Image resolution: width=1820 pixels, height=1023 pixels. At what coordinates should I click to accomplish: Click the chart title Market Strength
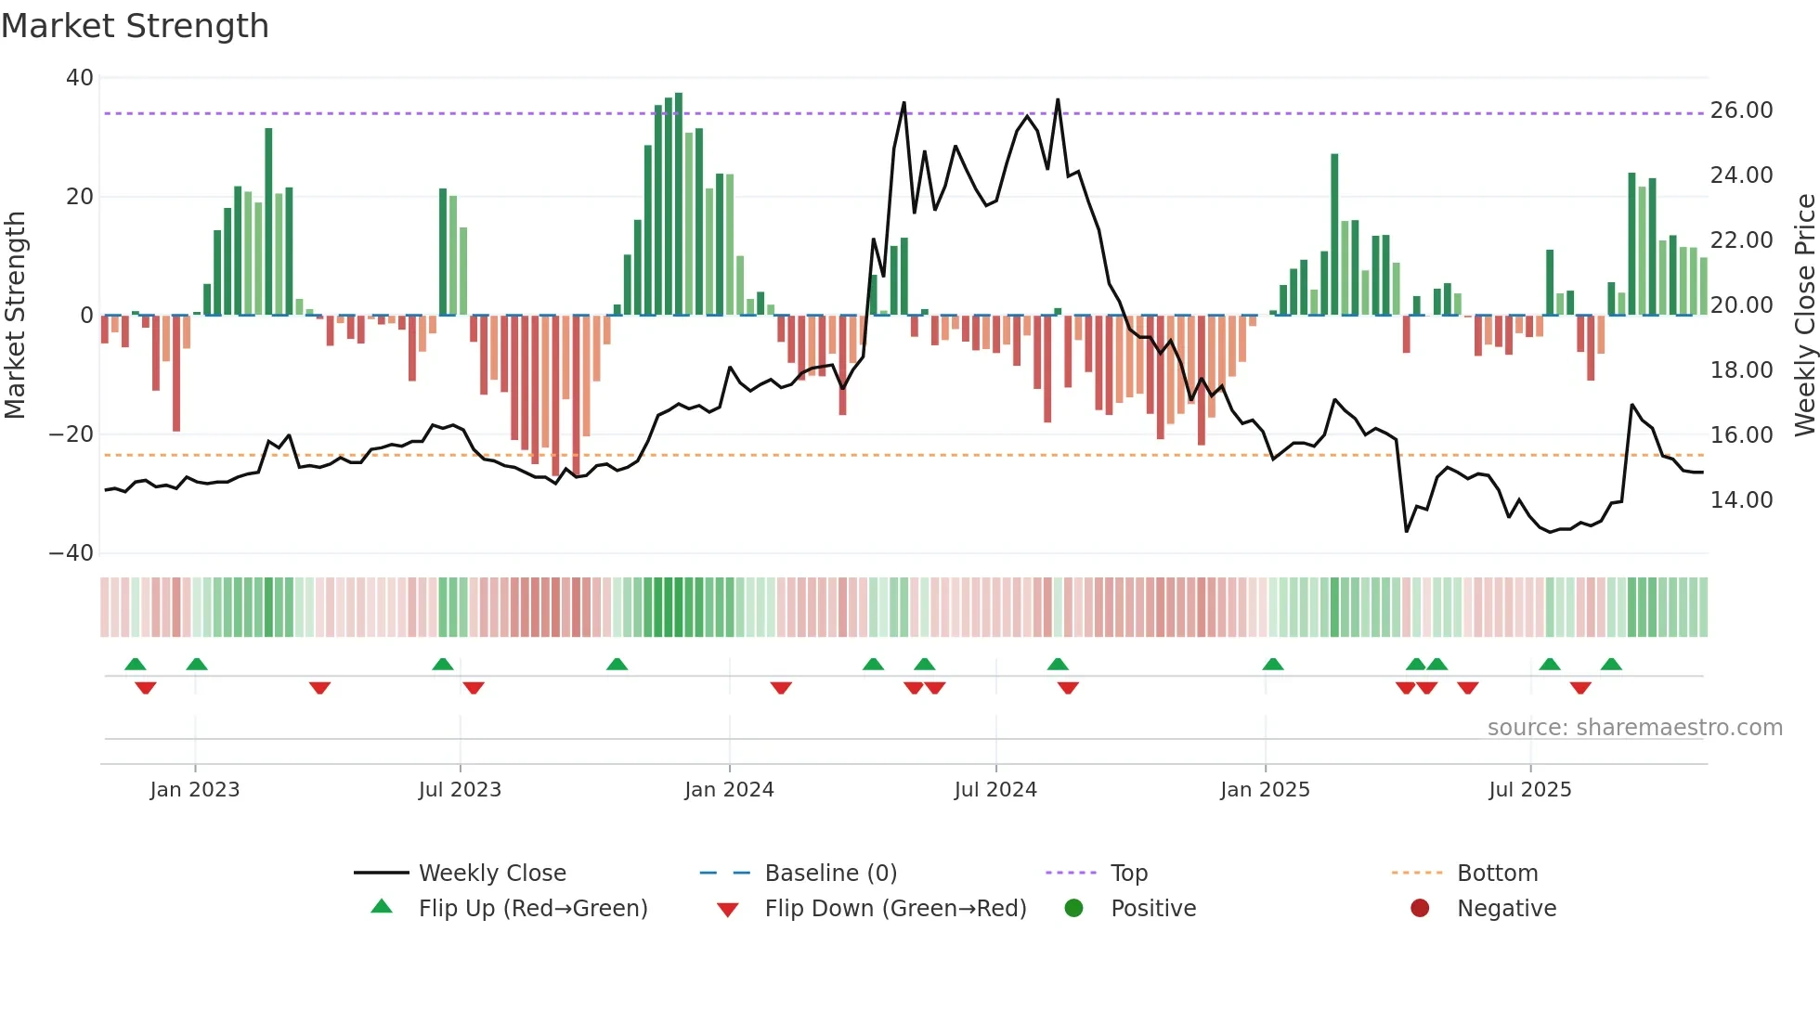[x=135, y=26]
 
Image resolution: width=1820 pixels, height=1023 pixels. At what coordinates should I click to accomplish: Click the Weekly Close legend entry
[x=491, y=873]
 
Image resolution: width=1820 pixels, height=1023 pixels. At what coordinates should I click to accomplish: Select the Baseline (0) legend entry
[x=830, y=873]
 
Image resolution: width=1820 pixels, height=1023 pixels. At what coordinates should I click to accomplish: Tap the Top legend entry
[x=1128, y=873]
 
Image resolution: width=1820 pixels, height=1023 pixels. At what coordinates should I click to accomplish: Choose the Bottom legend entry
[x=1497, y=873]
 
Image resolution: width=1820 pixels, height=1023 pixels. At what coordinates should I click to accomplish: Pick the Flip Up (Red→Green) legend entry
[x=532, y=908]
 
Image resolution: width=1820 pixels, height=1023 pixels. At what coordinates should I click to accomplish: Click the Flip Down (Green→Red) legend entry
[x=895, y=908]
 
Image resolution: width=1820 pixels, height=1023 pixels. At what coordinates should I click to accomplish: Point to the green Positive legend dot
[x=1074, y=908]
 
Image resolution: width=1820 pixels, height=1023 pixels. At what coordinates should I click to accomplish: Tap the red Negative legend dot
[x=1420, y=908]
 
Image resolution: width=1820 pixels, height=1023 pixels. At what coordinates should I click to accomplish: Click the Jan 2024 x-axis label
[x=729, y=789]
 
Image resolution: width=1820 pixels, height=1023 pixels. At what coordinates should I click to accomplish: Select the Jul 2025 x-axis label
[x=1529, y=789]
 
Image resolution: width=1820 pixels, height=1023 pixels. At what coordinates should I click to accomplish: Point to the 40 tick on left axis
[x=80, y=78]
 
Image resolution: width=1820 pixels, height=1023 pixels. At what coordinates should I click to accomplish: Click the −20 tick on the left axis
[x=71, y=434]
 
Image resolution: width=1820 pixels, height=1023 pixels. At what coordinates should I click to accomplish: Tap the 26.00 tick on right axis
[x=1741, y=110]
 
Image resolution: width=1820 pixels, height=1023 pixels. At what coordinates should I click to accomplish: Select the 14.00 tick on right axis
[x=1741, y=500]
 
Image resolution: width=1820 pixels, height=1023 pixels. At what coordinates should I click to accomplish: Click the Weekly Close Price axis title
[x=1804, y=315]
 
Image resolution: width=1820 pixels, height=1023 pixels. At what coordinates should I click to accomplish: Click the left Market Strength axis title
[x=16, y=315]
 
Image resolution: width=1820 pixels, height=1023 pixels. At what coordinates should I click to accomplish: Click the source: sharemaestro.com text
[x=1634, y=727]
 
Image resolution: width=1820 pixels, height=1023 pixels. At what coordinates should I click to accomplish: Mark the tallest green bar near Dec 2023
[x=679, y=204]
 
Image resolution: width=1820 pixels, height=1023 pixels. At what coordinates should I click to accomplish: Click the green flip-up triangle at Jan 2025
[x=1273, y=664]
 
